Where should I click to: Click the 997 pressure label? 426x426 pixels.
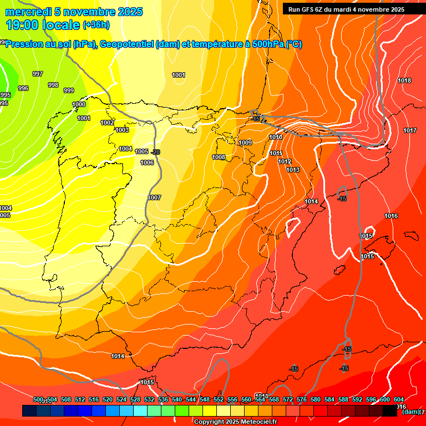tap(38, 74)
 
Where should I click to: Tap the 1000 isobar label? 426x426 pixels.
tap(79, 104)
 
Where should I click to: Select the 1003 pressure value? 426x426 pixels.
tap(122, 130)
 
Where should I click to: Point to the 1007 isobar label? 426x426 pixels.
tap(154, 197)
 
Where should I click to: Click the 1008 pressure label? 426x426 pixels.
tap(219, 157)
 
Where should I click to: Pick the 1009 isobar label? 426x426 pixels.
tap(245, 143)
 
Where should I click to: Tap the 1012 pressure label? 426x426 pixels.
tap(285, 161)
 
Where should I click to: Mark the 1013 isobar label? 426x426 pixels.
tap(293, 170)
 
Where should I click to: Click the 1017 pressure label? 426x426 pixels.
tap(410, 130)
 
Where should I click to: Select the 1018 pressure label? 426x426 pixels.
tap(404, 80)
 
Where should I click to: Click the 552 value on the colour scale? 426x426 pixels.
tap(219, 399)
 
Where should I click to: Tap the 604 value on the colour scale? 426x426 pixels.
tap(398, 399)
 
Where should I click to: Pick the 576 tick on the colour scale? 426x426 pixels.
tap(302, 399)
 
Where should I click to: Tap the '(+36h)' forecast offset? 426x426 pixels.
tap(96, 25)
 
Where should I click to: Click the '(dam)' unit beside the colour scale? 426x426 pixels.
tap(410, 411)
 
